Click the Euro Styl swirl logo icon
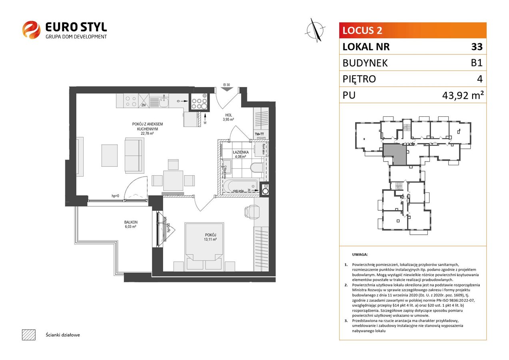31,30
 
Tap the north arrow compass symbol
315,30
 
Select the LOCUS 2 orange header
413,30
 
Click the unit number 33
476,47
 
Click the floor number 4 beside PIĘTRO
480,79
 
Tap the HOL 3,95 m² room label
228,117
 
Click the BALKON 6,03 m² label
131,224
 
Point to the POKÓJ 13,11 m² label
210,237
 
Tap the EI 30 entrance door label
226,85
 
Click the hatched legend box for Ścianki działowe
28,334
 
